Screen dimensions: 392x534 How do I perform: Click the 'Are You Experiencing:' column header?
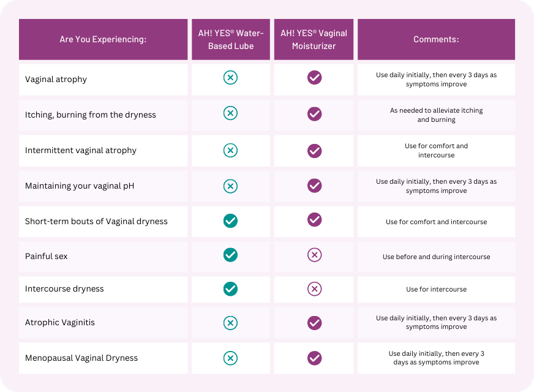[x=103, y=39]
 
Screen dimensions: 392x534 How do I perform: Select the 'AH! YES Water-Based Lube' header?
[x=231, y=39]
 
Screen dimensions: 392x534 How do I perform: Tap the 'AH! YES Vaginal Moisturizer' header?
[x=314, y=39]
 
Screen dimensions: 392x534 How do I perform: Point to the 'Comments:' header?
[x=436, y=39]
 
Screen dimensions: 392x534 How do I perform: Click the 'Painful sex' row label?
[x=47, y=256]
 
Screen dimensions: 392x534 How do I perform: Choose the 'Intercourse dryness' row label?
[x=64, y=288]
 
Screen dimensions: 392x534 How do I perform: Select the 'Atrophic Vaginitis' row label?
[x=60, y=322]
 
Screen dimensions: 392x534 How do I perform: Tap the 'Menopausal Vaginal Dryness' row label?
[x=81, y=358]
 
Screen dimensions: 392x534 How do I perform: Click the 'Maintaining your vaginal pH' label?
[x=80, y=186]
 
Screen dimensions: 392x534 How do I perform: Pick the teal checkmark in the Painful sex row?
[x=230, y=255]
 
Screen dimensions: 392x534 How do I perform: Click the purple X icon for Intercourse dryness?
[x=314, y=288]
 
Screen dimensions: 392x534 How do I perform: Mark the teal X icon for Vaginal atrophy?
[x=230, y=78]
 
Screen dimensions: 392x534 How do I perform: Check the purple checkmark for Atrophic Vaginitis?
[x=314, y=322]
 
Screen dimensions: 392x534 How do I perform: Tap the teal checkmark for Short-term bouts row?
[x=230, y=221]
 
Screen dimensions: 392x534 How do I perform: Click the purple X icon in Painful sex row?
[x=314, y=255]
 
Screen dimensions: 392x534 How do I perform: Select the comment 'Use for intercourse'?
[x=436, y=289]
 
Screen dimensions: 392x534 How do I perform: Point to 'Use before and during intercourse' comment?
[x=436, y=257]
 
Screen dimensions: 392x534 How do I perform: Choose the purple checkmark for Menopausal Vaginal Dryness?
[x=314, y=358]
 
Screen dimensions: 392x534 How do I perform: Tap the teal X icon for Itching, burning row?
[x=230, y=113]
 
